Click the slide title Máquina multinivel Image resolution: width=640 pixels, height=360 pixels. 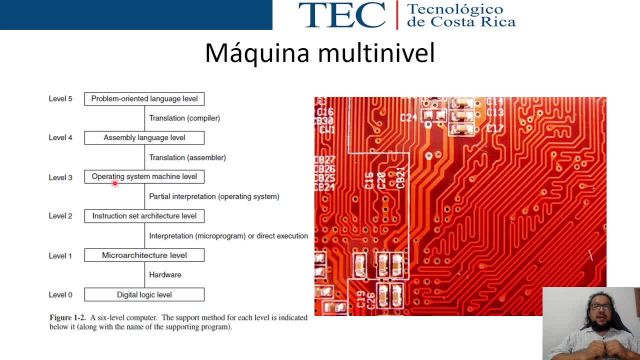319,51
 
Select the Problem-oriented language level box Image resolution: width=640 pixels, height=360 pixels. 144,99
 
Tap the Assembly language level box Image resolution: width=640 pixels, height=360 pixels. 144,137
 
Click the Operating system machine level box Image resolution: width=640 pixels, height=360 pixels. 144,177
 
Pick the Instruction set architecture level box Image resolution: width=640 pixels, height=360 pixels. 144,216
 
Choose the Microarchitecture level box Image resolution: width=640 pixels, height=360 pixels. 144,255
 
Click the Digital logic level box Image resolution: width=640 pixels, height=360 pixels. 144,295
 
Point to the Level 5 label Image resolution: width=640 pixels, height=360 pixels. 60,99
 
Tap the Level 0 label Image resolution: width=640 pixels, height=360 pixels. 60,295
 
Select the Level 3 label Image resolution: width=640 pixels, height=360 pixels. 60,177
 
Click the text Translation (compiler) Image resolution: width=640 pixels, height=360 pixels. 184,118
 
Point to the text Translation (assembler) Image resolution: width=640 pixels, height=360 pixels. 187,157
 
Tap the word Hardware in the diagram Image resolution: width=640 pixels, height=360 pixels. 165,275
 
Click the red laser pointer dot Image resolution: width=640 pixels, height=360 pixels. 115,183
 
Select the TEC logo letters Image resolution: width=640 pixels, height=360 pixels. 341,15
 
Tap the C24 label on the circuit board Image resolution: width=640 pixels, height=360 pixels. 408,117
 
